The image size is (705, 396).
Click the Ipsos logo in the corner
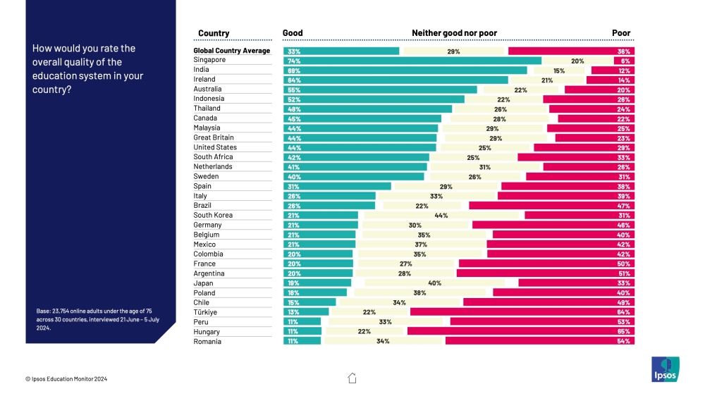click(x=664, y=370)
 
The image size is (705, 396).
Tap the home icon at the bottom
click(x=352, y=378)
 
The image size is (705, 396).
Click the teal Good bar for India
click(x=405, y=70)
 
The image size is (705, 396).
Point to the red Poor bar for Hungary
click(x=520, y=331)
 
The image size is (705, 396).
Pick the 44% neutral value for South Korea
click(x=442, y=216)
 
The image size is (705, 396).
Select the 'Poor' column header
click(x=621, y=33)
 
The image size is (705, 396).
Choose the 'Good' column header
click(x=293, y=33)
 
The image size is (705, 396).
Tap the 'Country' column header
click(x=214, y=33)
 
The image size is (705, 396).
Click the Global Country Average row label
click(x=232, y=51)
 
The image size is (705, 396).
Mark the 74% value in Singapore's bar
click(x=291, y=61)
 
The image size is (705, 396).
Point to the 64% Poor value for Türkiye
click(x=623, y=312)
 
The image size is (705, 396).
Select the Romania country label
click(x=207, y=342)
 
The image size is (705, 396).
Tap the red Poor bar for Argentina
click(x=545, y=273)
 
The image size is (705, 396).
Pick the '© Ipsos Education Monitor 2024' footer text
click(x=66, y=379)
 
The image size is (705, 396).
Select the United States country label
click(x=215, y=148)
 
